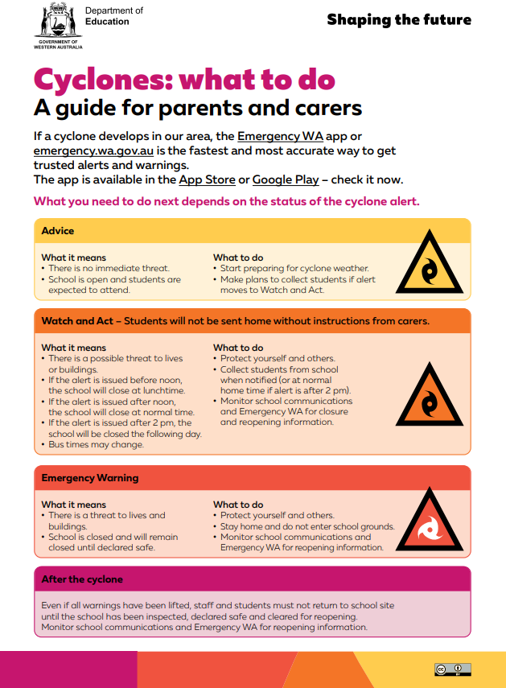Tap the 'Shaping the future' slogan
[399, 20]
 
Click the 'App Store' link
[207, 179]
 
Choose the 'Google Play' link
[286, 179]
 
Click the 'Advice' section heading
[58, 231]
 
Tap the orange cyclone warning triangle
[429, 396]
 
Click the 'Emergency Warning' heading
[90, 478]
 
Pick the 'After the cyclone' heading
[82, 579]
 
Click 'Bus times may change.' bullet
[96, 444]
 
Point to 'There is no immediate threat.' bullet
[110, 269]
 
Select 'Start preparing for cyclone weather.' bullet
[294, 269]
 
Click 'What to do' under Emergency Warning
[238, 505]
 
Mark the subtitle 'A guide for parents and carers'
[198, 108]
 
